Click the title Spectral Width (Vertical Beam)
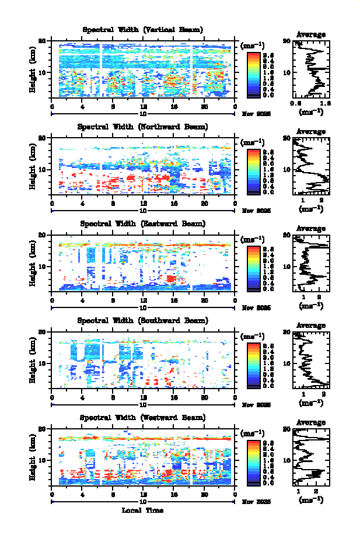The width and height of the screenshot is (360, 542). tap(142, 30)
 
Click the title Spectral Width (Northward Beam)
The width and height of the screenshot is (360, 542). tap(142, 127)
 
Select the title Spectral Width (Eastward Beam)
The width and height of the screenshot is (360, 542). tap(142, 223)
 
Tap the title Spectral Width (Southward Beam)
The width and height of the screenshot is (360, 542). tap(142, 320)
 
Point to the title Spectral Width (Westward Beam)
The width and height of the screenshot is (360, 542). tap(142, 417)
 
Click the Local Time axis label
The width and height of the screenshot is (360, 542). tap(142, 510)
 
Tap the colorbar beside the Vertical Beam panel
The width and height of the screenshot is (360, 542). tap(253, 74)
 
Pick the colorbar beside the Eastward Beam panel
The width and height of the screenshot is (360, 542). tap(253, 267)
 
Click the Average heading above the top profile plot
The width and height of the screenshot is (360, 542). tap(311, 34)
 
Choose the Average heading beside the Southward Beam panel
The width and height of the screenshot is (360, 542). tap(311, 325)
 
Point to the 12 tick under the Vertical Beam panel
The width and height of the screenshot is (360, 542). tap(144, 107)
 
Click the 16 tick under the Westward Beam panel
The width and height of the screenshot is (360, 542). tap(174, 494)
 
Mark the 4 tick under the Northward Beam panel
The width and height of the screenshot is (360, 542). tap(83, 204)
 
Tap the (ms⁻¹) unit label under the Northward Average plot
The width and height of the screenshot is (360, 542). tap(311, 208)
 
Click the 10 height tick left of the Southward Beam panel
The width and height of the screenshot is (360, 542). tap(43, 363)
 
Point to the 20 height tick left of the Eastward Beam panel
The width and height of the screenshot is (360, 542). tap(43, 235)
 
